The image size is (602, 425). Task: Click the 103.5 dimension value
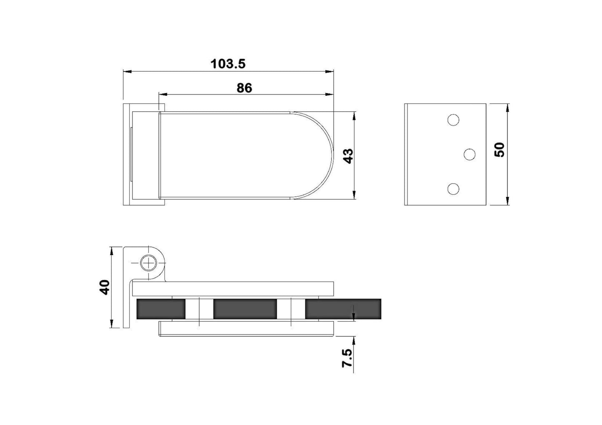click(x=228, y=64)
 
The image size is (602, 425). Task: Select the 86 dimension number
click(x=245, y=88)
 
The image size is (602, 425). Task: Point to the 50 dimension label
click(x=499, y=149)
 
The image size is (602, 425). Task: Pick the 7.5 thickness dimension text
click(x=347, y=358)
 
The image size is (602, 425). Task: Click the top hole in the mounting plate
click(x=453, y=120)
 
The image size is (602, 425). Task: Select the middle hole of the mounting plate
click(x=470, y=154)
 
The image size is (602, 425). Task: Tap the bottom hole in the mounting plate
click(x=453, y=189)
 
